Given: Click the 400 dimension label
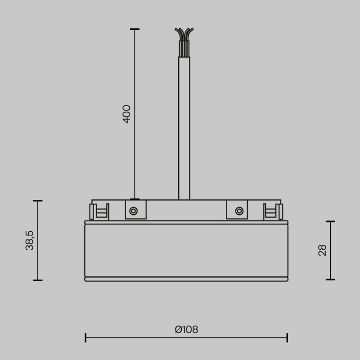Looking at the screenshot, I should point(127,114).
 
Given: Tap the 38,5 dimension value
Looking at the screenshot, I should point(30,240).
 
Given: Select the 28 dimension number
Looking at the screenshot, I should point(323,251).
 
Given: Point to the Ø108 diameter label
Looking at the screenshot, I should point(186,329).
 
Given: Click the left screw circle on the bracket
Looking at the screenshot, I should point(134,211).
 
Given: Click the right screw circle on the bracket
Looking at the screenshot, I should point(239,211).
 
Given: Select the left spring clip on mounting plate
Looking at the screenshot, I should point(99,211).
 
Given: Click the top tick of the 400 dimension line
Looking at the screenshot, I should point(135,29).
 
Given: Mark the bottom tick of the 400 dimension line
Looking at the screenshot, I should point(135,199).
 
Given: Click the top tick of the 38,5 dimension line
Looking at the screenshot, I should point(38,201).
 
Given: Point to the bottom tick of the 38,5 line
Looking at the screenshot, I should point(38,280).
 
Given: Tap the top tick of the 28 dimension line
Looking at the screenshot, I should point(330,221).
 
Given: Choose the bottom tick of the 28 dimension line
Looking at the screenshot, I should point(330,279).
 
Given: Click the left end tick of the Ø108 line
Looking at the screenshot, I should point(85,337).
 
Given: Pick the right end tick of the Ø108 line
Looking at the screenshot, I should point(287,337).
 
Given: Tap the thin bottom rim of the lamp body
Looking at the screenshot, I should point(186,279).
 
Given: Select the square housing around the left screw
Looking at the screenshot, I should point(135,210).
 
